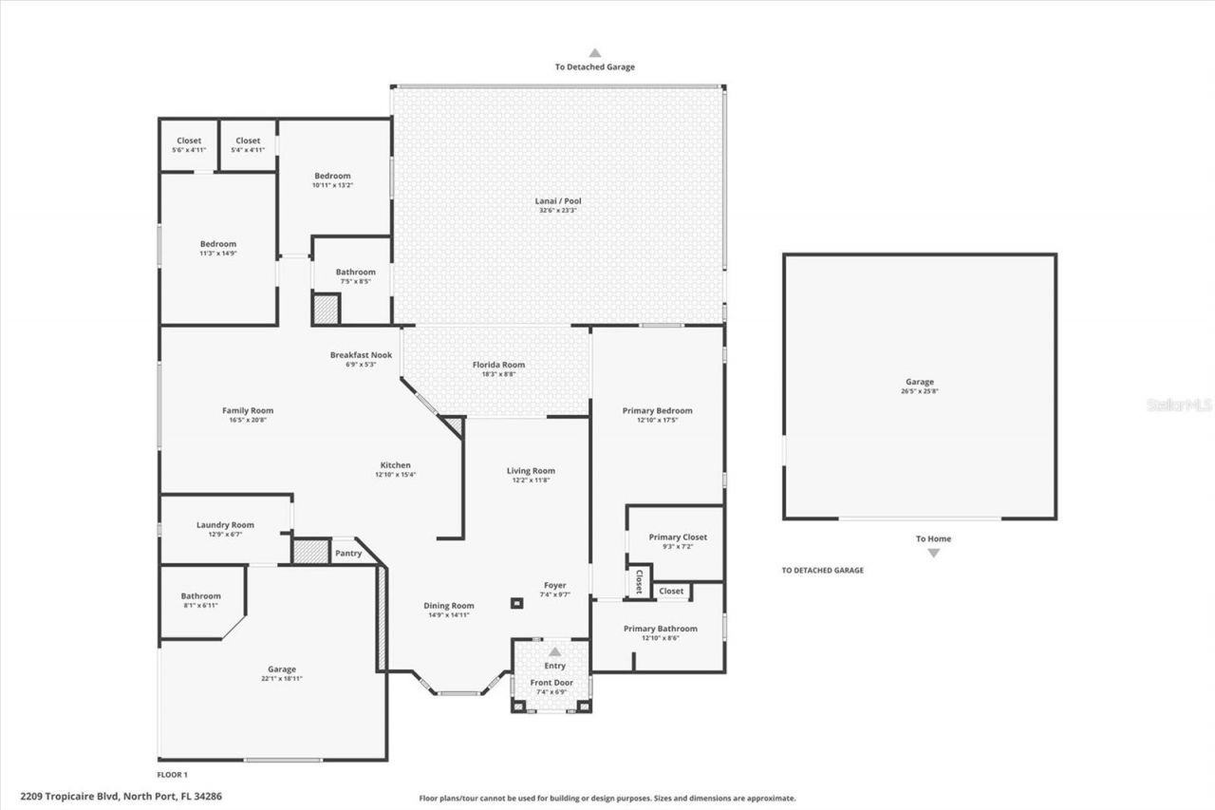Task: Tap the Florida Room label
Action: coord(498,365)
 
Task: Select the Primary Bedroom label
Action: coord(657,410)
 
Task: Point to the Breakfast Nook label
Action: coord(361,354)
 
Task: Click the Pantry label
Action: coord(348,553)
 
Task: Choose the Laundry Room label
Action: coord(225,524)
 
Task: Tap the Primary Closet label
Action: coord(678,537)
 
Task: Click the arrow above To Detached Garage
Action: coord(595,53)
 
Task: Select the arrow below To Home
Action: coord(933,553)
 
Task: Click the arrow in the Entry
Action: coord(554,651)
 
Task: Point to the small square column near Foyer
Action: coord(516,602)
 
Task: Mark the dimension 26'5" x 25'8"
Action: coord(919,391)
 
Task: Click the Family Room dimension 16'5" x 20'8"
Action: coord(248,420)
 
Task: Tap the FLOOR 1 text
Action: coord(173,775)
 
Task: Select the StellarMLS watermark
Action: coord(1179,405)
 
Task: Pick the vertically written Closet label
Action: coord(639,580)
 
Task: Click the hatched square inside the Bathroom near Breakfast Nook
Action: coord(326,310)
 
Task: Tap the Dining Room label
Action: coord(448,606)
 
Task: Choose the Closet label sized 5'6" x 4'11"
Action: coord(189,141)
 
